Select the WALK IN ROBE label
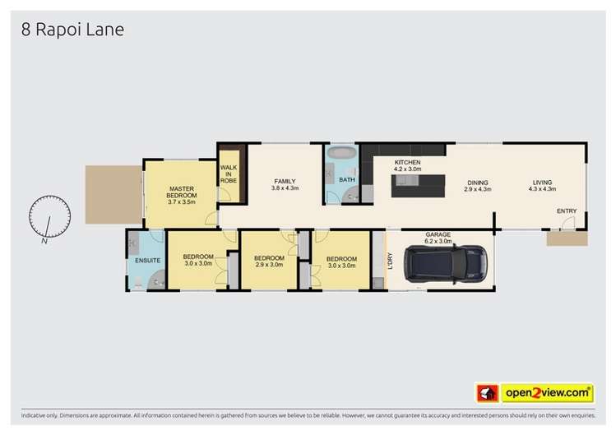point(228,174)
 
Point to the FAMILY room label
point(285,181)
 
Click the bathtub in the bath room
point(340,154)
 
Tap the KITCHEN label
point(407,163)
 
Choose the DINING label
point(478,182)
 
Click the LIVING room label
point(542,182)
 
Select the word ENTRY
point(567,211)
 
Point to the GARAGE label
point(438,234)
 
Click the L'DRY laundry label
point(391,261)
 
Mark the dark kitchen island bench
point(418,185)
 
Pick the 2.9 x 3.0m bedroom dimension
point(268,265)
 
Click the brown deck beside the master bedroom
point(113,193)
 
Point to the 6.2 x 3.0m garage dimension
point(438,242)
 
